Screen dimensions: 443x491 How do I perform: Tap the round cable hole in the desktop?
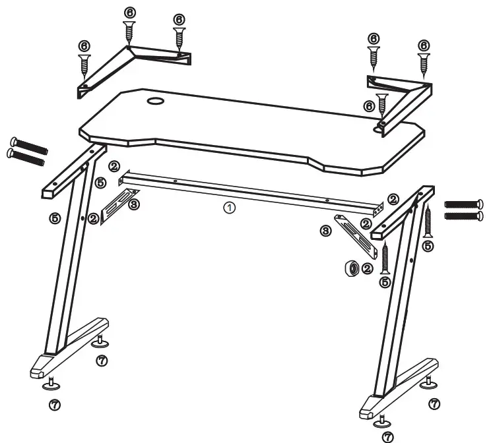click(156, 102)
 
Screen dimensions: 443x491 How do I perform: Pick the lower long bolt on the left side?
click(26, 156)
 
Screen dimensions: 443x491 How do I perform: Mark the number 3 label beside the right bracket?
click(325, 231)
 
